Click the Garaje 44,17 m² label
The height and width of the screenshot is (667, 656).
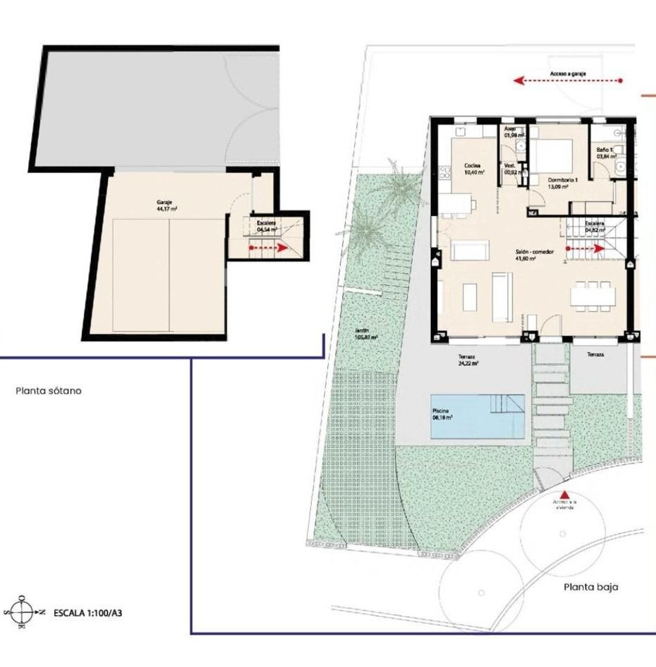point(166,205)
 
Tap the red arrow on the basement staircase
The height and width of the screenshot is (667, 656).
point(268,248)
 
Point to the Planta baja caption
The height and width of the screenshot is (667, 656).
point(590,587)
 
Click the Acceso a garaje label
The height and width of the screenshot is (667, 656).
point(569,73)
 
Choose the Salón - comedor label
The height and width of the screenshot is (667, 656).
point(534,255)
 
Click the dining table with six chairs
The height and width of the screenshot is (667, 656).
point(591,295)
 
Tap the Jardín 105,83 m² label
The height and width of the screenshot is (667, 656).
point(366,334)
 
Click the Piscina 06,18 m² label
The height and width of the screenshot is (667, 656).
point(442,414)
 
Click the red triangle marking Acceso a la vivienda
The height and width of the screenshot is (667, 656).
point(563,495)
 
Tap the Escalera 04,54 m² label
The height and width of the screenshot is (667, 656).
point(267,226)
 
